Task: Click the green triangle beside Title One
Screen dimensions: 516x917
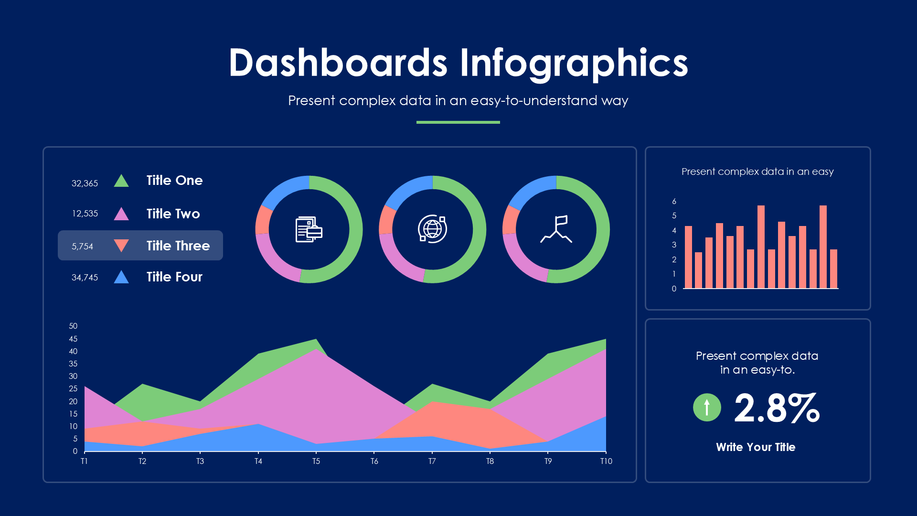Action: (121, 182)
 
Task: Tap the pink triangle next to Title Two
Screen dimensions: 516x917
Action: (121, 215)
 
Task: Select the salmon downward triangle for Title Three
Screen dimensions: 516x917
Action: (121, 245)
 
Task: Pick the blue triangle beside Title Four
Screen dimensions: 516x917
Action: (121, 278)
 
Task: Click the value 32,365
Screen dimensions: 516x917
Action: (85, 183)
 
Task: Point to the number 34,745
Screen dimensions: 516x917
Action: (85, 278)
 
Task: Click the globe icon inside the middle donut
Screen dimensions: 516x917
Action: (432, 229)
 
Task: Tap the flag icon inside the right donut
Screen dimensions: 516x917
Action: (556, 229)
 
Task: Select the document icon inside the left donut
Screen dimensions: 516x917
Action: (309, 229)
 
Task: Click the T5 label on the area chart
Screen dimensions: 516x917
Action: (316, 461)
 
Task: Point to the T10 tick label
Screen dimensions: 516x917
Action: (606, 461)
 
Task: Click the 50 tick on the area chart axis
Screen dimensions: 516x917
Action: (73, 326)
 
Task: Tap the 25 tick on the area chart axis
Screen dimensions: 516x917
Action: (73, 388)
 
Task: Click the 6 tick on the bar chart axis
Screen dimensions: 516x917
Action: (674, 201)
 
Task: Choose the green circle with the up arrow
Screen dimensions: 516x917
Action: (707, 408)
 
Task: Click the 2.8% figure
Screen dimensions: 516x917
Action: (777, 408)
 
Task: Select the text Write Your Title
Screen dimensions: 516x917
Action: (756, 447)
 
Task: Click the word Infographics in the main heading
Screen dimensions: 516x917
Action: (574, 63)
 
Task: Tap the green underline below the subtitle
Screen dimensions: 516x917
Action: (458, 122)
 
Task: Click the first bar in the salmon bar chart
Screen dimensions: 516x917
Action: (688, 257)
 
